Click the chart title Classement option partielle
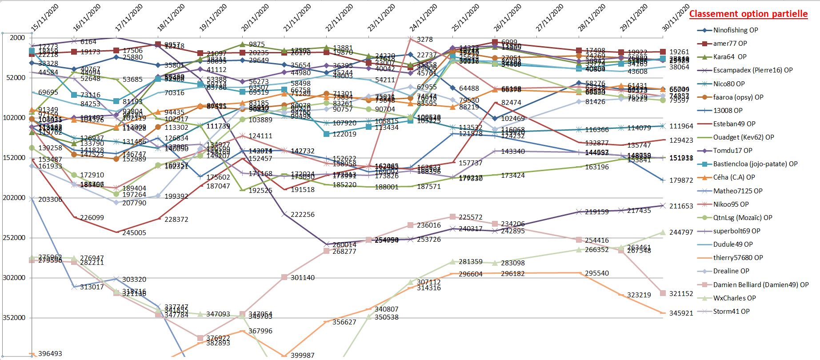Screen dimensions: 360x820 click(748, 14)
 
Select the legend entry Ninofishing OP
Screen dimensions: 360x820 click(735, 30)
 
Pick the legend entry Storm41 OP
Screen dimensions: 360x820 click(731, 311)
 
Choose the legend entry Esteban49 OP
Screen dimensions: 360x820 click(734, 124)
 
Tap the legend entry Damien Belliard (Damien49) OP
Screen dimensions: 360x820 click(760, 284)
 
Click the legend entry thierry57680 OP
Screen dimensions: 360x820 click(738, 257)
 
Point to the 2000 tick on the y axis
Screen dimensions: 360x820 click(17, 38)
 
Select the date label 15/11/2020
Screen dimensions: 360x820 click(44, 18)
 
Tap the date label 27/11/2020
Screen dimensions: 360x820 click(550, 18)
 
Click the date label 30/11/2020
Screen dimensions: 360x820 click(676, 18)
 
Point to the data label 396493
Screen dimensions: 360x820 click(50, 354)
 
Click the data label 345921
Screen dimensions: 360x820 click(681, 313)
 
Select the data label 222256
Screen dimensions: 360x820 click(302, 215)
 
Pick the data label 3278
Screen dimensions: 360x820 click(424, 40)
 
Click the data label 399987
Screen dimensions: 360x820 click(302, 356)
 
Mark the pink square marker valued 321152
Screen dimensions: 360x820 click(663, 293)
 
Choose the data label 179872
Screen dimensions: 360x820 click(681, 180)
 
